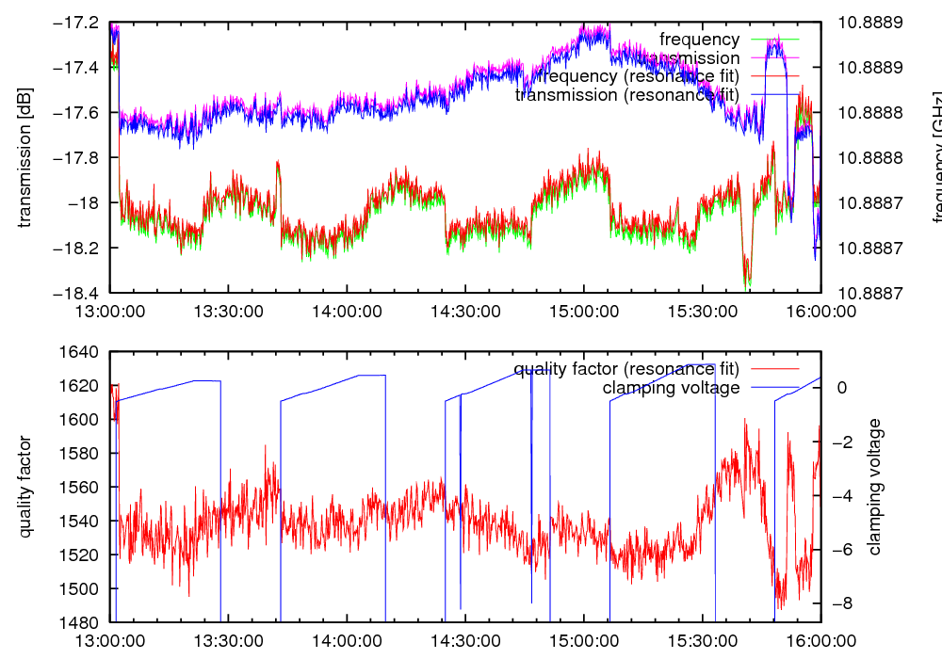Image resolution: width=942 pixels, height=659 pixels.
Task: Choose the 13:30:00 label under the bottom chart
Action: [x=229, y=639]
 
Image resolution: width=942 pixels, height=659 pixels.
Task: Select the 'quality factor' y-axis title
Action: [x=25, y=487]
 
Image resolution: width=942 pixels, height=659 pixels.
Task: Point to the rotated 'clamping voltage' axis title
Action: [x=875, y=487]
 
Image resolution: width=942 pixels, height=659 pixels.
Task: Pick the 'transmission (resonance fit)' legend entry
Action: [x=627, y=94]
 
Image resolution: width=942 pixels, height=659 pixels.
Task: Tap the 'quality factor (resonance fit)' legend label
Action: [x=626, y=368]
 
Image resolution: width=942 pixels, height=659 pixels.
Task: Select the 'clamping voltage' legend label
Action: [x=671, y=387]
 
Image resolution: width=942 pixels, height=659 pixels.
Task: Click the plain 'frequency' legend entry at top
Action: [x=699, y=40]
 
